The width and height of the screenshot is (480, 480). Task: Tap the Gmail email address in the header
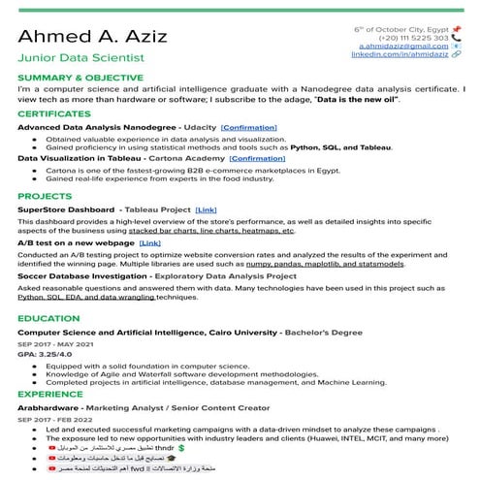click(404, 46)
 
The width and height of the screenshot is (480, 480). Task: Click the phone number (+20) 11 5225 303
click(413, 37)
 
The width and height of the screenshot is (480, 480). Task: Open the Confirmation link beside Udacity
click(248, 128)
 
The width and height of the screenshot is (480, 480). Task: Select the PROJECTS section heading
click(45, 195)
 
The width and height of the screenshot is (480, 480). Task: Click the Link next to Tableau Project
click(206, 209)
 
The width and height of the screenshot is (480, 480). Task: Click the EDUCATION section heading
click(48, 317)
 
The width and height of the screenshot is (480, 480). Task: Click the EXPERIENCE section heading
click(50, 395)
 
